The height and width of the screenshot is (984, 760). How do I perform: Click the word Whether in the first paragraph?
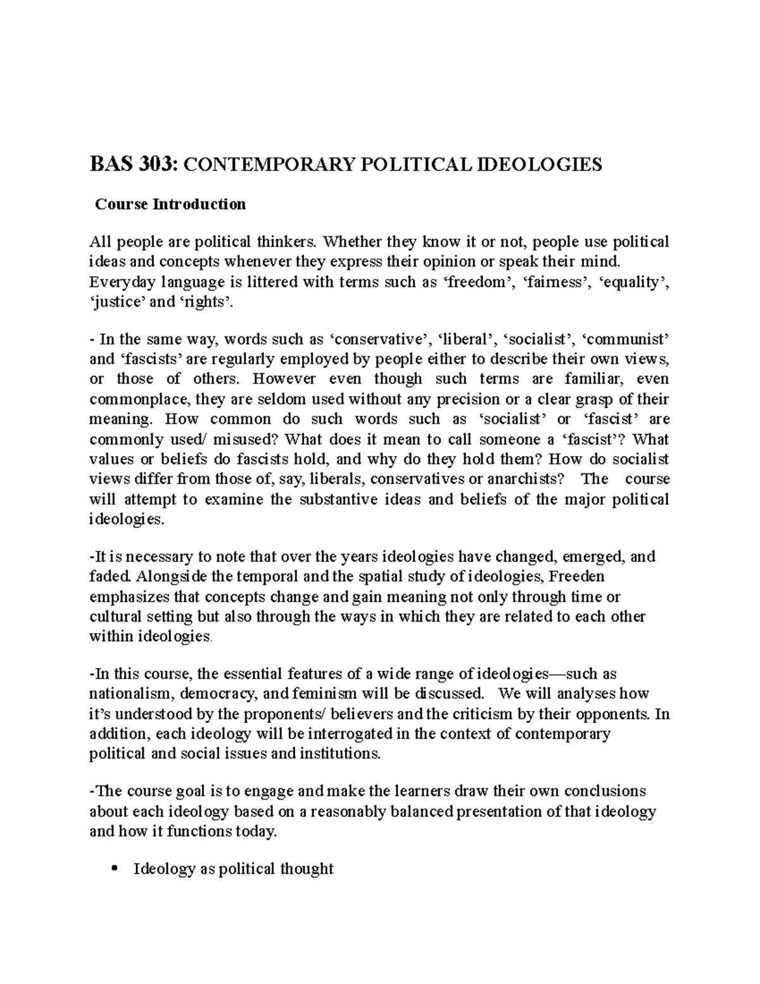tap(350, 242)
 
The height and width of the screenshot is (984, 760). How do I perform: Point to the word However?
tap(283, 380)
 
